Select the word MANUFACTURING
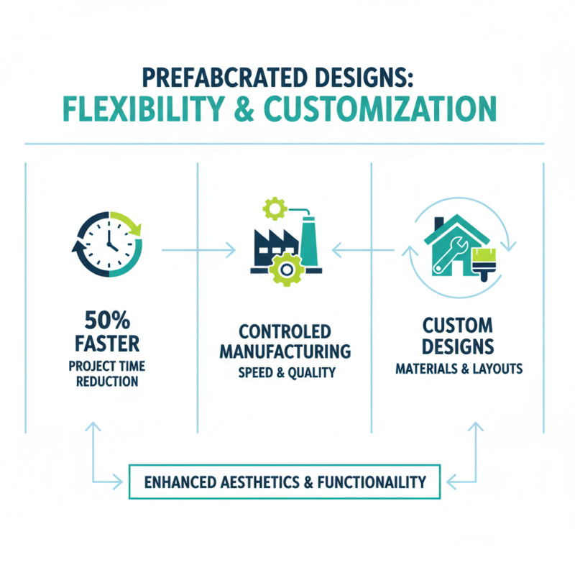285,353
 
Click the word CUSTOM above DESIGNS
458,326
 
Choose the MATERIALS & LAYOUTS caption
458,369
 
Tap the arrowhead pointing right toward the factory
231,250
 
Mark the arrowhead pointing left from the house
336,250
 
